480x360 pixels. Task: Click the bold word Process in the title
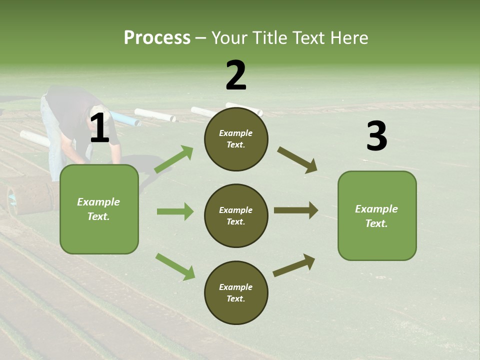(157, 37)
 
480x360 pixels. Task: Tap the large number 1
(99, 128)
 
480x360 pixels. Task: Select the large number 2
(236, 75)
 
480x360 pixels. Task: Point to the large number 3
(376, 136)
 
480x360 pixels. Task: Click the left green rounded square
(99, 209)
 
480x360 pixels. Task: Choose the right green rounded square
(377, 215)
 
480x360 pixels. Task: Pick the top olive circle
(236, 139)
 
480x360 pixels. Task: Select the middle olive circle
(236, 215)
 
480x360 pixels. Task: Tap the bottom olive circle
(236, 292)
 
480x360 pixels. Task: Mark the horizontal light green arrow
(175, 211)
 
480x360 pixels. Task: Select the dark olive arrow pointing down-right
(297, 160)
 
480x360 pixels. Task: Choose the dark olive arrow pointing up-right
(294, 265)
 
